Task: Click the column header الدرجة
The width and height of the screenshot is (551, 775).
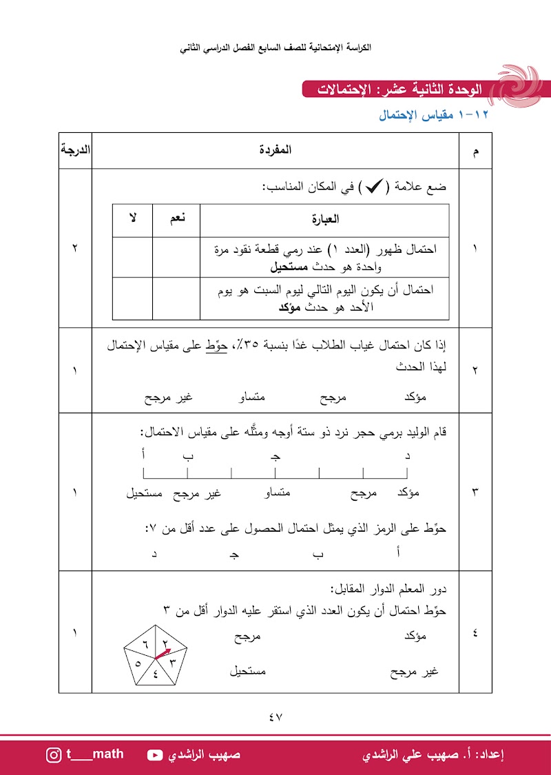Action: click(75, 149)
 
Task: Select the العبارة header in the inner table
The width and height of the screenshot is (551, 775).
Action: click(324, 220)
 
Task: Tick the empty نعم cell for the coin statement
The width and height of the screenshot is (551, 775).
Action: click(176, 256)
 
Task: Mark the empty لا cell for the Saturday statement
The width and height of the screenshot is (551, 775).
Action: click(132, 298)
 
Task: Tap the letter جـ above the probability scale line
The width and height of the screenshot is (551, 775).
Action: click(275, 456)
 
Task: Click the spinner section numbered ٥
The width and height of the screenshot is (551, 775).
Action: click(138, 663)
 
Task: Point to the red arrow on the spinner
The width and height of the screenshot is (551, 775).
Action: click(163, 653)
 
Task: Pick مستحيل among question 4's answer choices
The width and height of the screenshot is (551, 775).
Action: click(248, 671)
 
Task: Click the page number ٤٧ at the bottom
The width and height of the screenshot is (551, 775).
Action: click(275, 716)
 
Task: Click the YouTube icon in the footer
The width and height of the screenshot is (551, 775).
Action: click(155, 754)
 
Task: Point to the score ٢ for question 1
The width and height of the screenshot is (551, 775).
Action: click(74, 249)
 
